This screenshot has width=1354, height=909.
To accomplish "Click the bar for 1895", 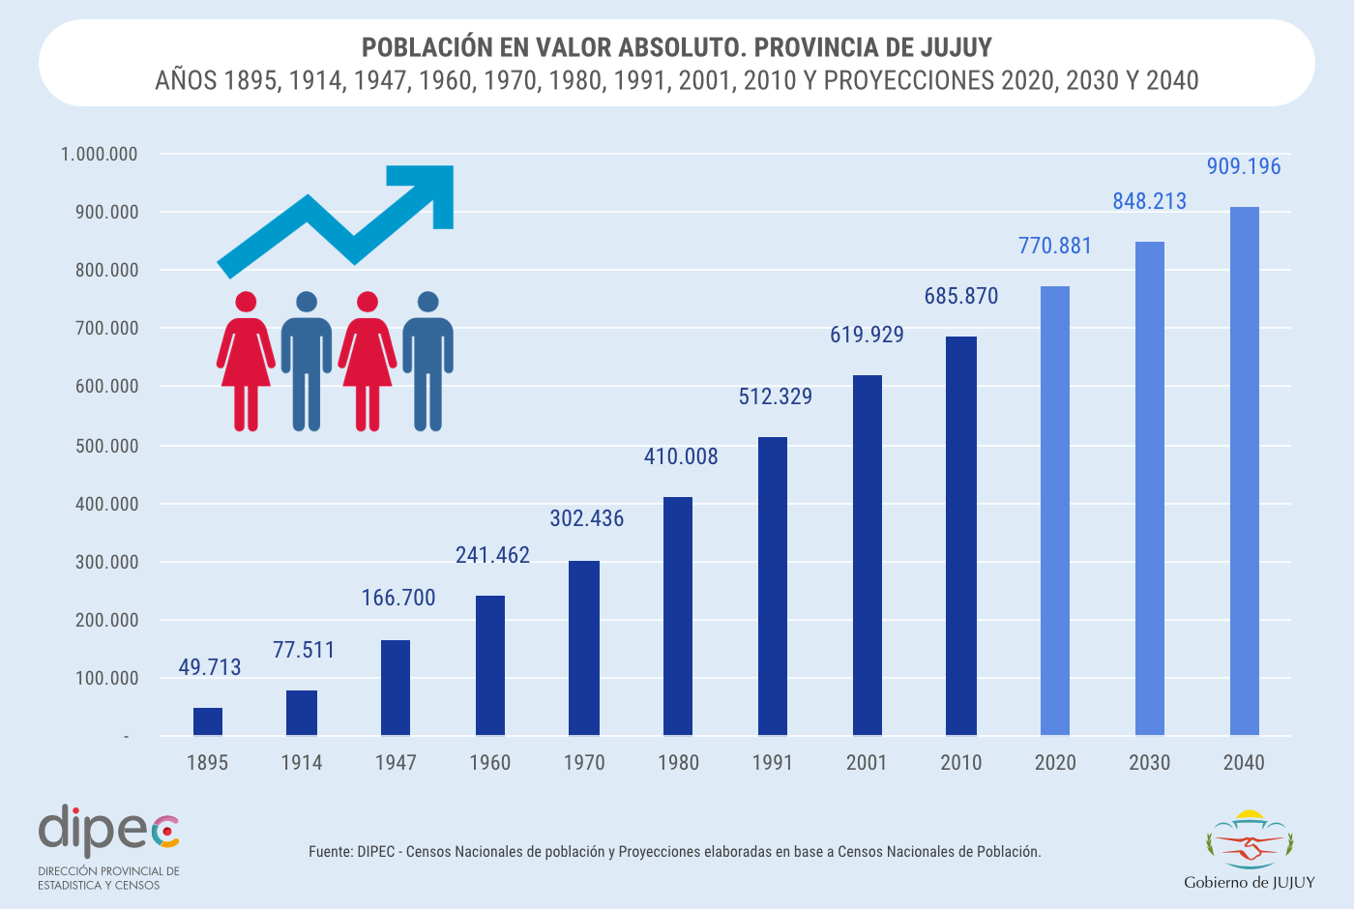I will tap(207, 721).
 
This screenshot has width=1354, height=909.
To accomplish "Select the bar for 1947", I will tap(396, 688).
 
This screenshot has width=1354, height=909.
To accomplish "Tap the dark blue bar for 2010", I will tap(961, 536).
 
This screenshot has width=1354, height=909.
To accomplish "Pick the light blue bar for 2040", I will tap(1244, 471).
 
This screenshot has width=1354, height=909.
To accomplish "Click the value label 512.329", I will tap(776, 396).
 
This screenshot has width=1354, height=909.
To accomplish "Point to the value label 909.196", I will tap(1244, 166).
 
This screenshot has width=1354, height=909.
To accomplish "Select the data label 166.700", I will tap(398, 598).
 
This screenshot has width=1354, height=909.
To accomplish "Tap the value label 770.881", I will tap(1055, 246).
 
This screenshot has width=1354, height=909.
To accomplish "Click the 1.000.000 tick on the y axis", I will tap(99, 155).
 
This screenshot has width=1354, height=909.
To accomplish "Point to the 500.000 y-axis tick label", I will tap(106, 446).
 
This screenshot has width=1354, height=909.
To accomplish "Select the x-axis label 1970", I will tap(584, 763).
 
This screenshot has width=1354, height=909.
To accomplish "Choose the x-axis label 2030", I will tap(1149, 763).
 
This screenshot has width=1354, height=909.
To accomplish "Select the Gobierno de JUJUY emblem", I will tap(1249, 841).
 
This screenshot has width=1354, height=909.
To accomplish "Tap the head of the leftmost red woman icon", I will tap(246, 303).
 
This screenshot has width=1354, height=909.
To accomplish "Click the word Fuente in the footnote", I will tap(330, 852).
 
